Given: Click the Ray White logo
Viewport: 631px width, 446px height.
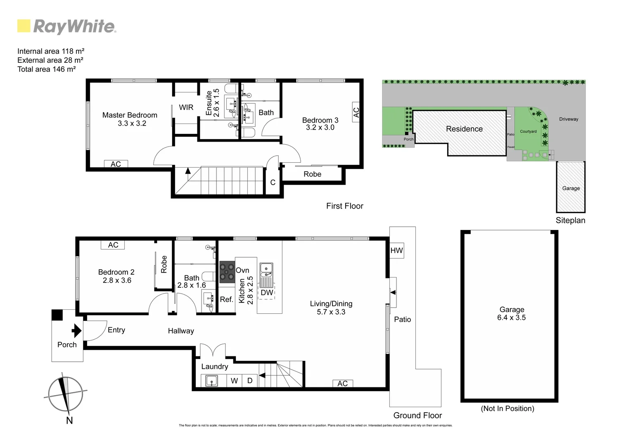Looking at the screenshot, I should point(66,26).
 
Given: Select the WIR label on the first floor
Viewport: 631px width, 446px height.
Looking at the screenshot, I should point(186,107).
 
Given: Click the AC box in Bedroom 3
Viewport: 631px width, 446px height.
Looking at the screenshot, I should point(356,112).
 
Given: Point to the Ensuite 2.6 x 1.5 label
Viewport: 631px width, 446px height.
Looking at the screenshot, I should point(213,103).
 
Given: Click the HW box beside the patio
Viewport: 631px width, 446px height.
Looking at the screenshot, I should point(396,251).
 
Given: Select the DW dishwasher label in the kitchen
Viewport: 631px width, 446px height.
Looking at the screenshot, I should point(267,293).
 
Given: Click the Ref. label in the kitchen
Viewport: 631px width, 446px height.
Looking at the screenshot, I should point(226,299).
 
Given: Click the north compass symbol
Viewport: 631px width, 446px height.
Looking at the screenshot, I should point(65,395).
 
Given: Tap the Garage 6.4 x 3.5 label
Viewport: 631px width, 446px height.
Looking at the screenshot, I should point(512,313).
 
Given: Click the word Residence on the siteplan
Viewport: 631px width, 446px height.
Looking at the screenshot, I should point(464,129).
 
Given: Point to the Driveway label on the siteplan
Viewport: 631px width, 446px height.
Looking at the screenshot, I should point(569,119).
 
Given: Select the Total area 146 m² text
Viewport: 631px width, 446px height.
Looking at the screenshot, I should point(46,69).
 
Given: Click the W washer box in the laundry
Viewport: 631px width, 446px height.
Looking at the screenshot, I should point(234,381).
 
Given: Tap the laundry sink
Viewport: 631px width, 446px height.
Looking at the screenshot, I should point(211,381).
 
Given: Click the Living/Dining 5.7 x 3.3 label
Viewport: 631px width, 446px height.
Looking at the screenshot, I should point(331,308).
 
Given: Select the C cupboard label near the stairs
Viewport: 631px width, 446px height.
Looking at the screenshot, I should point(273,183).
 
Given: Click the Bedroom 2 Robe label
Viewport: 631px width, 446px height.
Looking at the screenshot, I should point(164,264).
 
